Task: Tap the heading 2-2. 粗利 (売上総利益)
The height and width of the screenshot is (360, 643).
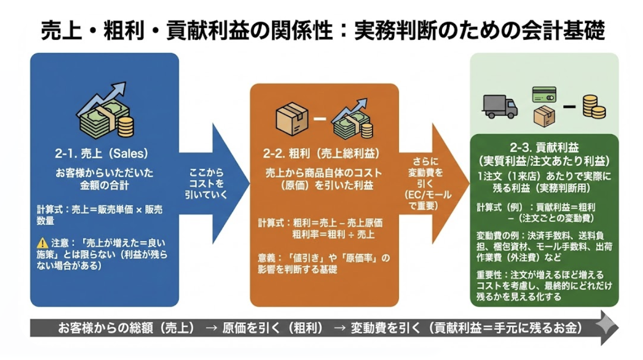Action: click(322, 154)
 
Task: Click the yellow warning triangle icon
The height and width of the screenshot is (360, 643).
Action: click(42, 243)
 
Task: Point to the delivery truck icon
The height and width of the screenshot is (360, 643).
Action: click(500, 106)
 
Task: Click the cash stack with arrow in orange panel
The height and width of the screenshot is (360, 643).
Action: click(353, 117)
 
